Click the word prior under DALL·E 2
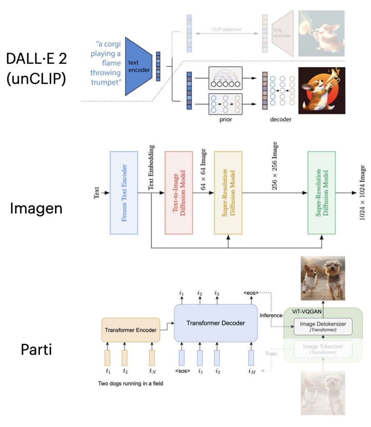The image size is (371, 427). [226, 119]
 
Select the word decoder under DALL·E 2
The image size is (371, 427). [280, 119]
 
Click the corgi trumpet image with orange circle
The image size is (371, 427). [321, 90]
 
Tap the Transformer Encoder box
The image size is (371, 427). [130, 330]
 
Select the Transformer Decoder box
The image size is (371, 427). [215, 323]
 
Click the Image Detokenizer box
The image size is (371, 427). [323, 326]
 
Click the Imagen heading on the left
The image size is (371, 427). [36, 207]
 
